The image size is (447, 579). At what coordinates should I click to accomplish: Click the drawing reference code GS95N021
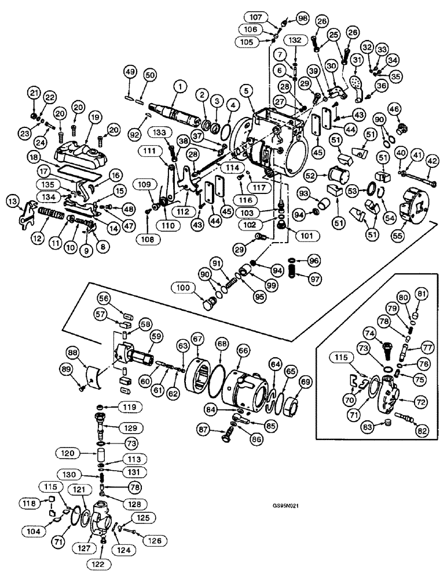click(x=288, y=505)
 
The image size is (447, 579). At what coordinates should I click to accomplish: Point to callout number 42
click(x=433, y=163)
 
